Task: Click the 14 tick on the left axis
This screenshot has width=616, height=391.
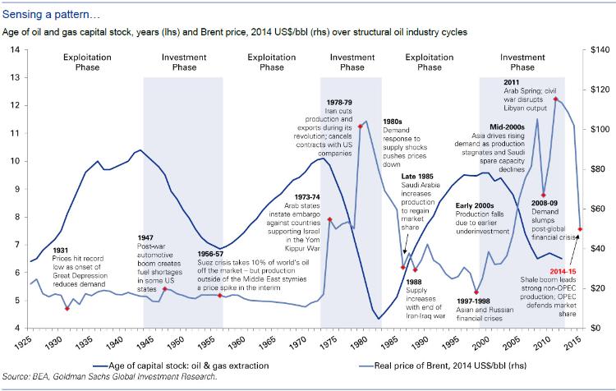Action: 15,50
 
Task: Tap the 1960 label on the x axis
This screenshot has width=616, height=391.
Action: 236,338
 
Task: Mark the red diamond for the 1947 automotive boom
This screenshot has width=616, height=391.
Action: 164,289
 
